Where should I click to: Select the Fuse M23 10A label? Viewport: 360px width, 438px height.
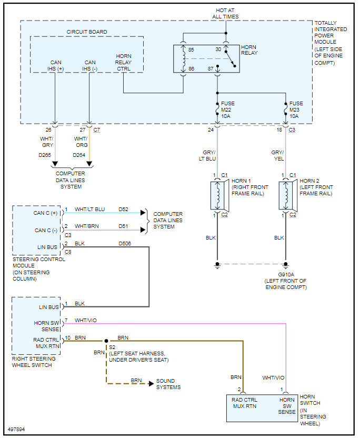tap(296, 109)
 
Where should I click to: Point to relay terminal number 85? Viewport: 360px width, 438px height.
tap(191, 50)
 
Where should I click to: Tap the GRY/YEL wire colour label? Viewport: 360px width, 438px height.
tap(277, 155)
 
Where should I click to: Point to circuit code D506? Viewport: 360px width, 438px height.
tap(125, 244)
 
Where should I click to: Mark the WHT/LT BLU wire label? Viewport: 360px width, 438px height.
tap(89, 210)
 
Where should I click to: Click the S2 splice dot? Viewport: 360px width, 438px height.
tap(106, 341)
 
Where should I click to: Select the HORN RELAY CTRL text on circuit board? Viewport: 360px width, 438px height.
tap(124, 62)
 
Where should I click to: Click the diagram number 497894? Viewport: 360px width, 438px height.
tap(16, 429)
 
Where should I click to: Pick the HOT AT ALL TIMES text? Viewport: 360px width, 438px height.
tap(227, 13)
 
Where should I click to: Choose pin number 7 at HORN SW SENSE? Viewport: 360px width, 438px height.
tap(66, 321)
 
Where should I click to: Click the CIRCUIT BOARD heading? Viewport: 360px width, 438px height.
tap(87, 32)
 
